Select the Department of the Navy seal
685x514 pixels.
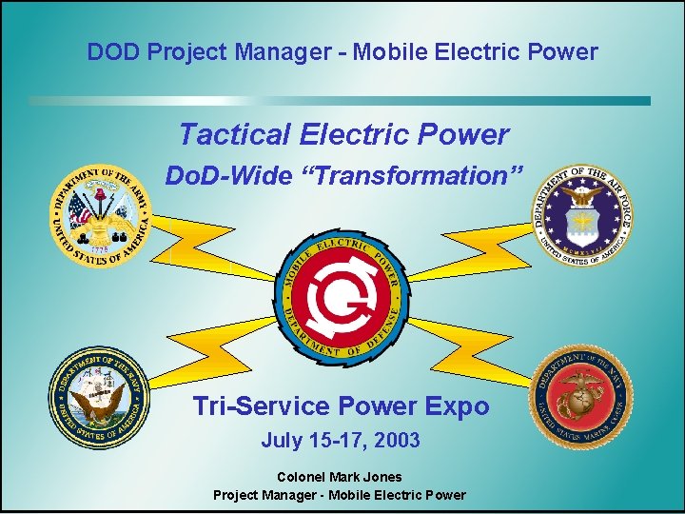click(99, 397)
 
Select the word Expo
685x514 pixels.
click(456, 406)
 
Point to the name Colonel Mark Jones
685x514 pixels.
click(339, 477)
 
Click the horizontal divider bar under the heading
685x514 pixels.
click(340, 101)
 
